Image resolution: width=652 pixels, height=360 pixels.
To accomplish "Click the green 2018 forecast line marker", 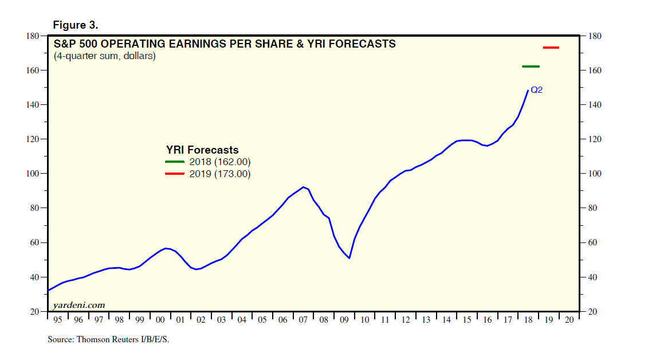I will pyautogui.click(x=531, y=66).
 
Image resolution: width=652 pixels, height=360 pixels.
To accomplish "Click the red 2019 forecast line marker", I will pyautogui.click(x=551, y=48).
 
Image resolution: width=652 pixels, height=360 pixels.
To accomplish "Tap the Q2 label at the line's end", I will pyautogui.click(x=536, y=90).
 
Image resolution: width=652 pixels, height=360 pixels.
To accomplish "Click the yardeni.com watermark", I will pyautogui.click(x=79, y=305).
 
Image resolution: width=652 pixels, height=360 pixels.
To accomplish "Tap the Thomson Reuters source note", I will pyautogui.click(x=109, y=339).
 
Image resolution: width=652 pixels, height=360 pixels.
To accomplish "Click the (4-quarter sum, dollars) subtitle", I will pyautogui.click(x=104, y=56).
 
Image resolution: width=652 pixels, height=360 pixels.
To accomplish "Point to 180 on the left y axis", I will pyautogui.click(x=32, y=36).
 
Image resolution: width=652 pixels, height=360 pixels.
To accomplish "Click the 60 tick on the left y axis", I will pyautogui.click(x=34, y=242).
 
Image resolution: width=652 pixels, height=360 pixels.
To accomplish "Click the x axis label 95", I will pyautogui.click(x=58, y=320).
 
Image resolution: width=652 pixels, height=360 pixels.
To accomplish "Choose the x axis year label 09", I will pyautogui.click(x=344, y=320).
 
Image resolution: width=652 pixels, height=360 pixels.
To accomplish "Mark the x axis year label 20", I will pyautogui.click(x=569, y=320).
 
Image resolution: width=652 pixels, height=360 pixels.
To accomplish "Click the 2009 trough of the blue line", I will pyautogui.click(x=349, y=258).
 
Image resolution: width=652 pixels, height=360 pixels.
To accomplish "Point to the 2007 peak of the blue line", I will pyautogui.click(x=303, y=187).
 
